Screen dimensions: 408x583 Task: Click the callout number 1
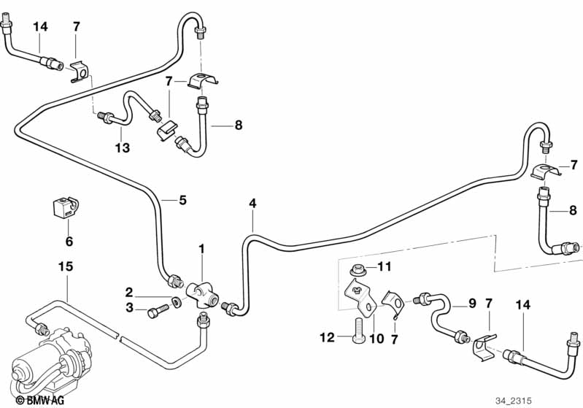(x=201, y=250)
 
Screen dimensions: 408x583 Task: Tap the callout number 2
(x=128, y=292)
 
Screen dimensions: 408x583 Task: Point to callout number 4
(x=252, y=203)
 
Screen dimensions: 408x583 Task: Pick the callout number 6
(x=69, y=241)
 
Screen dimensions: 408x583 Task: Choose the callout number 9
(x=471, y=303)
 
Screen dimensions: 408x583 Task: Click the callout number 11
(x=384, y=267)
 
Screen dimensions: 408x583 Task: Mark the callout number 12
(x=325, y=337)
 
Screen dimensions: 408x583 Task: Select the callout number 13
(x=122, y=147)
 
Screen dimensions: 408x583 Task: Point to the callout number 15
(x=66, y=267)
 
